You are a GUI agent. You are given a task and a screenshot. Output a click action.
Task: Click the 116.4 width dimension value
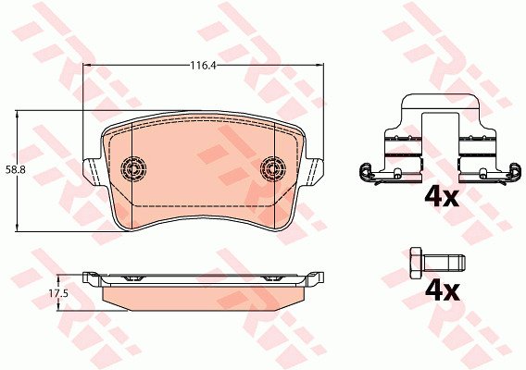pos(202,66)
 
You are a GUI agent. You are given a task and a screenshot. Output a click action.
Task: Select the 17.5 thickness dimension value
pos(58,293)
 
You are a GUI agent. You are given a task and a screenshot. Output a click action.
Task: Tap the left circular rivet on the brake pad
pos(133,168)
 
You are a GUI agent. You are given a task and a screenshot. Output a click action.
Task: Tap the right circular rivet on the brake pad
pos(273,168)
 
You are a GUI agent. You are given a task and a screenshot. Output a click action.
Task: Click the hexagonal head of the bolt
pos(417,263)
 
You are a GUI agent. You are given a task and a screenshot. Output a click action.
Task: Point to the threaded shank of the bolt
pos(445,263)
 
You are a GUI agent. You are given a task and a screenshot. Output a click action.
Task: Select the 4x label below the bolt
pos(442,291)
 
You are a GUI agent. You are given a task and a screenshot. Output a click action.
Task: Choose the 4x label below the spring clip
pos(442,197)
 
